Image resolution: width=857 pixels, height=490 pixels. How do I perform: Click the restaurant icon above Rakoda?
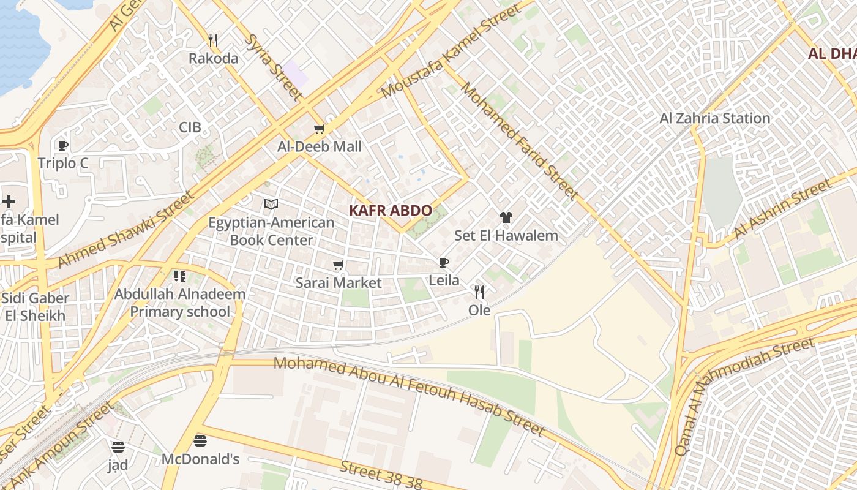pyautogui.click(x=213, y=40)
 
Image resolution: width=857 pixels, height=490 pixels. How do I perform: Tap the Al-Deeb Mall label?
pyautogui.click(x=320, y=147)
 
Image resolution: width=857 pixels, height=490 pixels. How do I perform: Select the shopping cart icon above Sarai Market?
pyautogui.click(x=338, y=265)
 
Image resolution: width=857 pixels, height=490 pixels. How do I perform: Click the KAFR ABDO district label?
pyautogui.click(x=391, y=211)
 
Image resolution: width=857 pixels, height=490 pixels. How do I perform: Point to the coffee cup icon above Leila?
pyautogui.click(x=444, y=263)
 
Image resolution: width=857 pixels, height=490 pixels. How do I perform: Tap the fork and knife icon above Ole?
pyautogui.click(x=479, y=292)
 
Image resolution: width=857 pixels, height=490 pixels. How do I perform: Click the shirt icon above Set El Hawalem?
pyautogui.click(x=506, y=217)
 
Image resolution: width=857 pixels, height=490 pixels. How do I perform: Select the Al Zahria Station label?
pyautogui.click(x=714, y=118)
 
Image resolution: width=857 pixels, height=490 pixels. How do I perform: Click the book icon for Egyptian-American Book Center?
pyautogui.click(x=271, y=205)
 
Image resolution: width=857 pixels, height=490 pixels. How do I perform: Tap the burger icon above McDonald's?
pyautogui.click(x=200, y=440)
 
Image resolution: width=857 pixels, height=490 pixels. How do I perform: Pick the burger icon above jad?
pyautogui.click(x=118, y=447)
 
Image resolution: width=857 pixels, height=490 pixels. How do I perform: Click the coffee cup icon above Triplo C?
pyautogui.click(x=62, y=145)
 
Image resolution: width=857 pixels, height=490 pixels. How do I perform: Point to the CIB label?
pyautogui.click(x=190, y=127)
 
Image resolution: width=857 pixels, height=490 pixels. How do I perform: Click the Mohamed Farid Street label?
pyautogui.click(x=519, y=141)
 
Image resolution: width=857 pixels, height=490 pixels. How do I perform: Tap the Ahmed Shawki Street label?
pyautogui.click(x=125, y=230)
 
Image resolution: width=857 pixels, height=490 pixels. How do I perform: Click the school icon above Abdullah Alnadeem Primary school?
pyautogui.click(x=179, y=276)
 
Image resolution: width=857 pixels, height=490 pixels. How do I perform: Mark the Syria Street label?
pyautogui.click(x=273, y=67)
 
